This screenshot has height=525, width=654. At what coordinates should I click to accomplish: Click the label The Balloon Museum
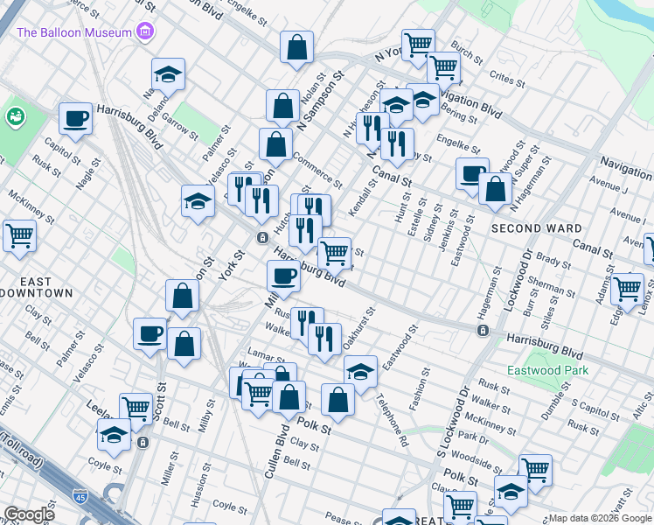pos(74,32)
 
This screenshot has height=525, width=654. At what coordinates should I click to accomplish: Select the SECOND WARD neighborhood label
pos(525,227)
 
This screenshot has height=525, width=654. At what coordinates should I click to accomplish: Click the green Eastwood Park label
pos(552,370)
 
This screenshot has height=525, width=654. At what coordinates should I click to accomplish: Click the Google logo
pos(29,514)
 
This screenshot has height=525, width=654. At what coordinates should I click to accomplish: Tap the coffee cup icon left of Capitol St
pos(76,119)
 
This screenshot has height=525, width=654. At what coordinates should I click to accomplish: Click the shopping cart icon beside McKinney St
pos(19,234)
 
